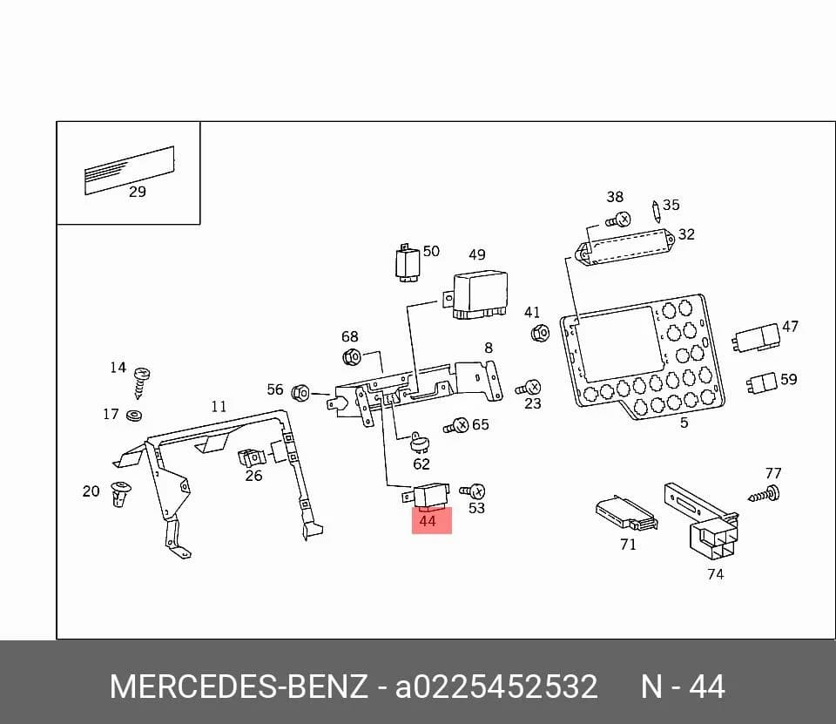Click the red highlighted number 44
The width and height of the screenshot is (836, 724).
pos(428,521)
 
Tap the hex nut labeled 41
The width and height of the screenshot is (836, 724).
pos(540,334)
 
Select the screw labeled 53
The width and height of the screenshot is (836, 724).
pos(473,491)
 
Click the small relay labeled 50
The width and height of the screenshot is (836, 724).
pos(408,263)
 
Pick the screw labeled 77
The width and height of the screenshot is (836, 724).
pos(765,494)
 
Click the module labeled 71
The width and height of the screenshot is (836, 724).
pos(626,512)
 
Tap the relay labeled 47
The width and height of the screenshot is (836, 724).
pos(756,337)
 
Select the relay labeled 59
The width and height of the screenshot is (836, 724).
pos(762,382)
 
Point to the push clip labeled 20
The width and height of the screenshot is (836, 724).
pos(120,493)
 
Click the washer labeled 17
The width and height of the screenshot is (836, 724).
pos(134,415)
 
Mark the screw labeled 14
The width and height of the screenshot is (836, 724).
pos(141,382)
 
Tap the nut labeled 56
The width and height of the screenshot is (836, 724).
pos(300,393)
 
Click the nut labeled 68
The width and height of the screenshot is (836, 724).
pos(352,355)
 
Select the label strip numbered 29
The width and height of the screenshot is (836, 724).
pos(130,170)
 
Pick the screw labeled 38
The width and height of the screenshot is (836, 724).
pos(618,220)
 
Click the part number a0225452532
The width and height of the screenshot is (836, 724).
pos(496,687)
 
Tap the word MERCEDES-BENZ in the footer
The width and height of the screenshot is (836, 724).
pos(239,687)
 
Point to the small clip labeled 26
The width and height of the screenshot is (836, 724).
pos(252,457)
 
